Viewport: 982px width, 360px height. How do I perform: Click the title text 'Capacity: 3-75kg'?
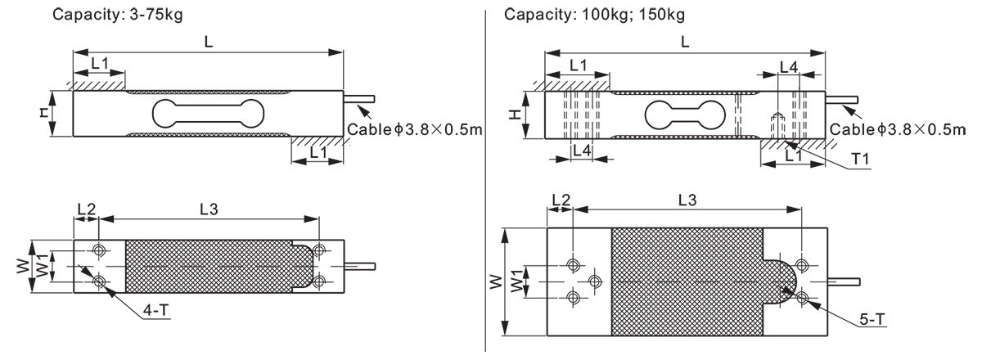tap(118, 15)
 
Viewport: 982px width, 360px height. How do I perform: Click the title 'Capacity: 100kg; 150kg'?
tap(594, 15)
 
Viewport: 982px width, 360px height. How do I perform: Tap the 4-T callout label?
tap(155, 310)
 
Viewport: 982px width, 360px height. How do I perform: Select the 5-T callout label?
tap(872, 319)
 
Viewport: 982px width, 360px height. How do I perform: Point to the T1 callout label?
tap(860, 159)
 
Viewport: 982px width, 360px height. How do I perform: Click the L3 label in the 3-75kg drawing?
tap(209, 209)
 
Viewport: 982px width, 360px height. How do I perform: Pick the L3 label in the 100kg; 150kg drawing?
tap(687, 200)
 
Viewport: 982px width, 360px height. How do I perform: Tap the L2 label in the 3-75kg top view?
tap(87, 209)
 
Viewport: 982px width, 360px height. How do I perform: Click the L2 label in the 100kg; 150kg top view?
tap(561, 200)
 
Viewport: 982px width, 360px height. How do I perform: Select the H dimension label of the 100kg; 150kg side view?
tap(515, 115)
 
